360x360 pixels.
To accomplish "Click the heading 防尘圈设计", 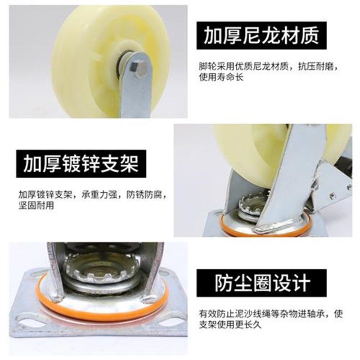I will click(x=262, y=283).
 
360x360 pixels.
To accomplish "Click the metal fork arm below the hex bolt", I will click(x=135, y=97).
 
